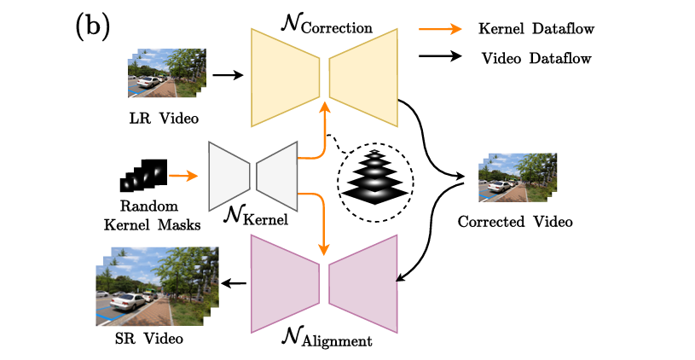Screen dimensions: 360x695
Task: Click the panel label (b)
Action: click(x=92, y=26)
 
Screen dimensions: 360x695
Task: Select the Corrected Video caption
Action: click(x=514, y=221)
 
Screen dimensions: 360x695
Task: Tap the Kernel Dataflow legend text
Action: click(x=536, y=30)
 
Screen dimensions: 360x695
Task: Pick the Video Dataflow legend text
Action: click(x=536, y=59)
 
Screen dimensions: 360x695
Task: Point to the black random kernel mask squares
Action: click(x=143, y=175)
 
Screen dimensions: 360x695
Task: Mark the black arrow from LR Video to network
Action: click(x=227, y=75)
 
